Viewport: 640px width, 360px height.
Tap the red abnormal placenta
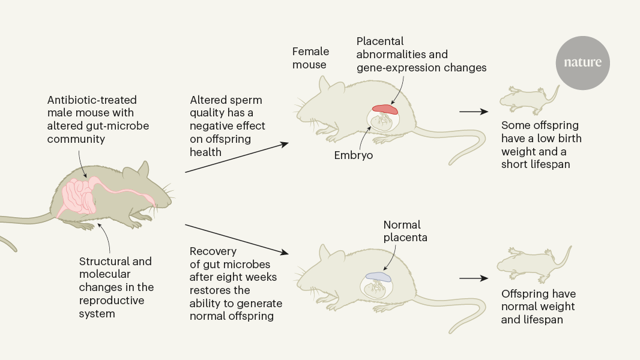click(x=385, y=109)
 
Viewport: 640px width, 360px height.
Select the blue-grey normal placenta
click(x=378, y=277)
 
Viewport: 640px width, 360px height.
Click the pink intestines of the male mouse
click(x=78, y=195)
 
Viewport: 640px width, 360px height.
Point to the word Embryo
click(x=354, y=155)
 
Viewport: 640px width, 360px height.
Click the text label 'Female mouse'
click(x=310, y=58)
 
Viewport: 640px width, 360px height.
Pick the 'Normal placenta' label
click(x=402, y=232)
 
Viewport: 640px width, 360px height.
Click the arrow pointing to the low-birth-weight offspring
click(x=474, y=112)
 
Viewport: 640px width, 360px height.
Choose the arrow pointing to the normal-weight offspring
click(x=474, y=278)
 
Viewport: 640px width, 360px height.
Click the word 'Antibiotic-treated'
click(x=91, y=100)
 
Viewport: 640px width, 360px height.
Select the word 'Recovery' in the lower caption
click(x=213, y=251)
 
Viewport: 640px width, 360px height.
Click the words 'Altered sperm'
click(x=226, y=100)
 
